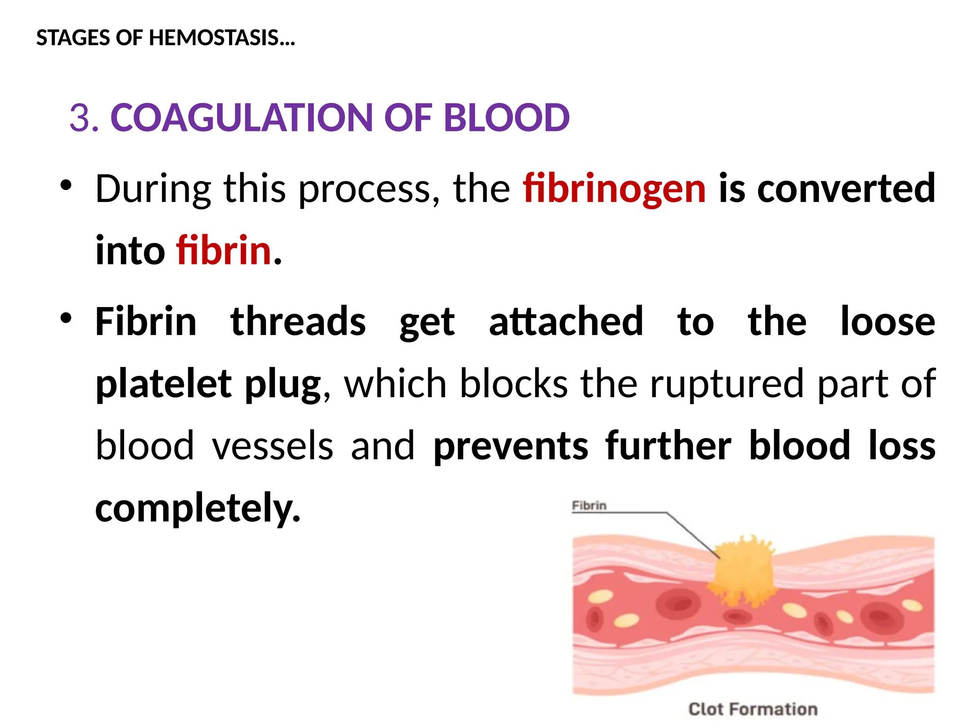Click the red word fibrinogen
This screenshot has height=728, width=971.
(614, 189)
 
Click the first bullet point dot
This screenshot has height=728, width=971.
(66, 185)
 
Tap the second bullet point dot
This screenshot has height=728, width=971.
(66, 318)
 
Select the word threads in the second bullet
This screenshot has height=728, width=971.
(298, 322)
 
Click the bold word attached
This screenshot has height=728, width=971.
(566, 322)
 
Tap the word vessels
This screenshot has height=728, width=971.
(273, 446)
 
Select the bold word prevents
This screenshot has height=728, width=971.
(511, 446)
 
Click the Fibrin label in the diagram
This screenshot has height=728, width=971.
(589, 506)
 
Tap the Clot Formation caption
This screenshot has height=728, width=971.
(753, 709)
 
